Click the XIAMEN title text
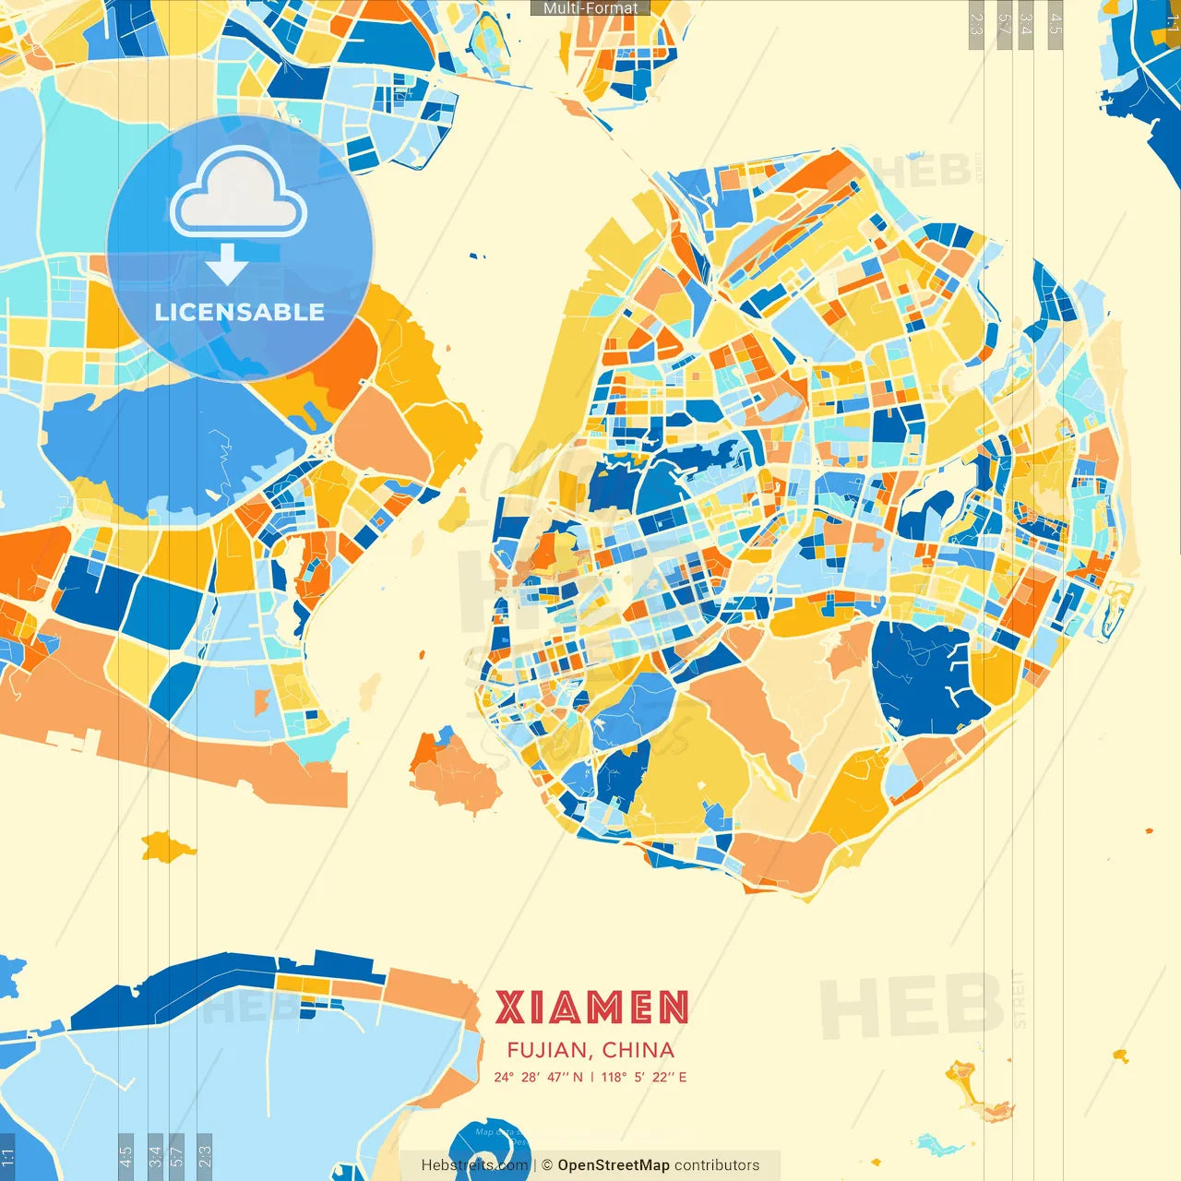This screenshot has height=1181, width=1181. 591,1008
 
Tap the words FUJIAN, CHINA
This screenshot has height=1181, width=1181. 590,1050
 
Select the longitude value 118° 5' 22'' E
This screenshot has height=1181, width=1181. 644,1077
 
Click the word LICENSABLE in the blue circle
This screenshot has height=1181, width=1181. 240,312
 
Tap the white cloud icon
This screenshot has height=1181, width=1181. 239,194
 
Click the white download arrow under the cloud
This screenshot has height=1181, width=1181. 227,266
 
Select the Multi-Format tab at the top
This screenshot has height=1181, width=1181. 590,7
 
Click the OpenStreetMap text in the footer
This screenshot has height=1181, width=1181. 614,1165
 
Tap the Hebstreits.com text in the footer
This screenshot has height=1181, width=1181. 474,1165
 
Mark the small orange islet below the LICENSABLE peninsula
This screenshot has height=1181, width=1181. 167,845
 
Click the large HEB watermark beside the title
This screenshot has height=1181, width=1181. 909,1008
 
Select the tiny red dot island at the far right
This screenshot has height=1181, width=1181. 1150,831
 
